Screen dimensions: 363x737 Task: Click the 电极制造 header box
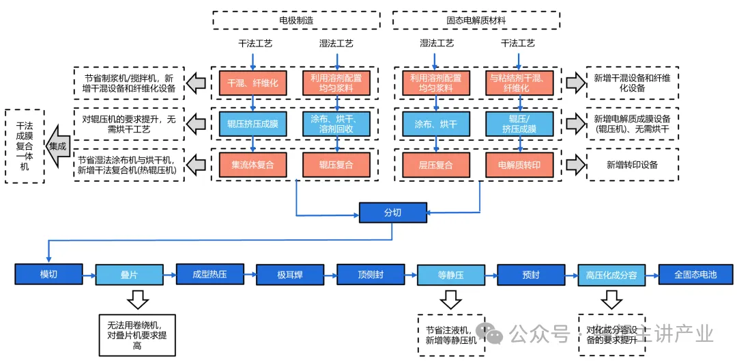(297, 20)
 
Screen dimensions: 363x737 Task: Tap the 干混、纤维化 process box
(253, 83)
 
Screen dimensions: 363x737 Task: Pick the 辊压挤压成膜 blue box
(253, 124)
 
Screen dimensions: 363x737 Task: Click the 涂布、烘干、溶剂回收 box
(336, 124)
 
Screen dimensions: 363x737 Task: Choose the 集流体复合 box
(253, 165)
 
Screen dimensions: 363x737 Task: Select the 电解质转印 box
(519, 165)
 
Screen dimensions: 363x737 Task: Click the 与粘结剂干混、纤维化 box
(519, 83)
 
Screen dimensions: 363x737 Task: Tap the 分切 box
(392, 213)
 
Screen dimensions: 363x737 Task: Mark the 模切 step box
(48, 274)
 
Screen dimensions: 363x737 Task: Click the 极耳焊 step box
(290, 274)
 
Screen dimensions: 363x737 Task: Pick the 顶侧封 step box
(371, 274)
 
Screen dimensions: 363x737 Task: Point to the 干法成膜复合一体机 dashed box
(25, 146)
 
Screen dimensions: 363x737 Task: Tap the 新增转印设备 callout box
(633, 165)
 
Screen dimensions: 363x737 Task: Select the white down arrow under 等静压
(450, 299)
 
